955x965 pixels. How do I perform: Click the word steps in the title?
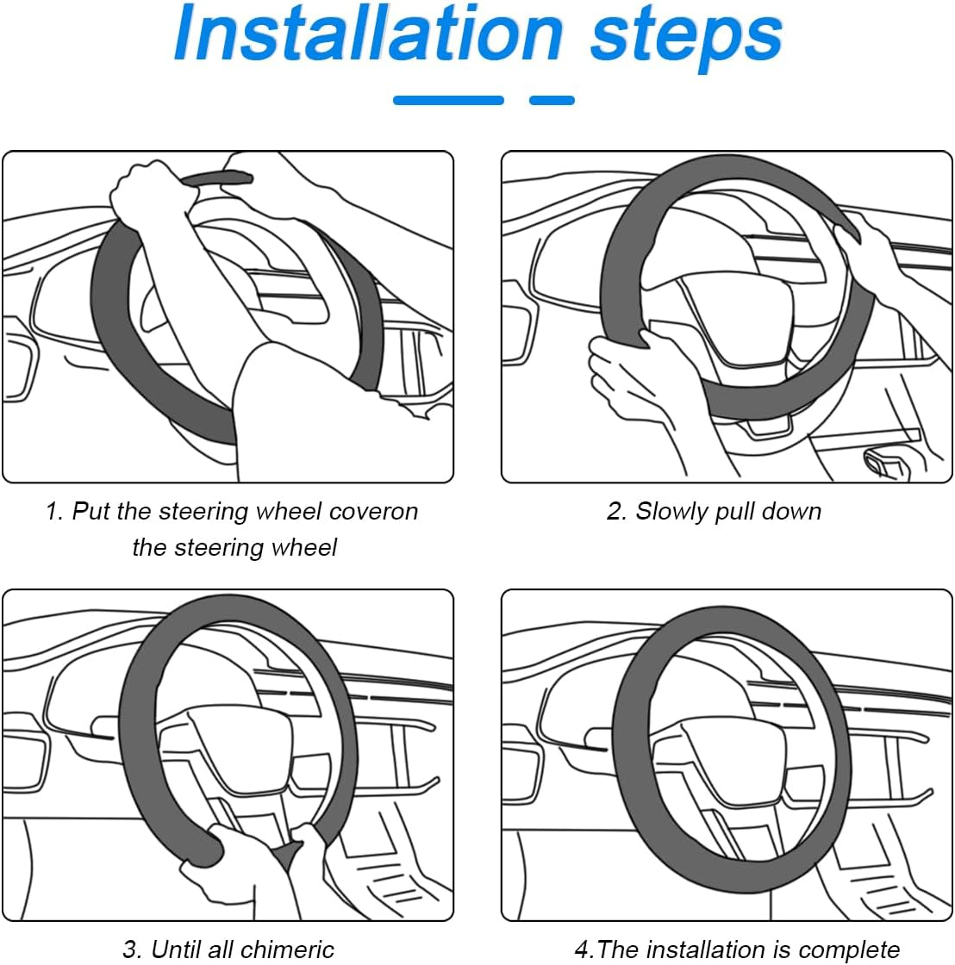point(686,36)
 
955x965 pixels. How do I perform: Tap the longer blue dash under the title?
point(448,101)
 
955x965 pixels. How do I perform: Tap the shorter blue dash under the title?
point(552,101)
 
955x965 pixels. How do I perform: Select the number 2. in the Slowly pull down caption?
point(617,511)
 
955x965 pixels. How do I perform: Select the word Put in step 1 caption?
point(90,511)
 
